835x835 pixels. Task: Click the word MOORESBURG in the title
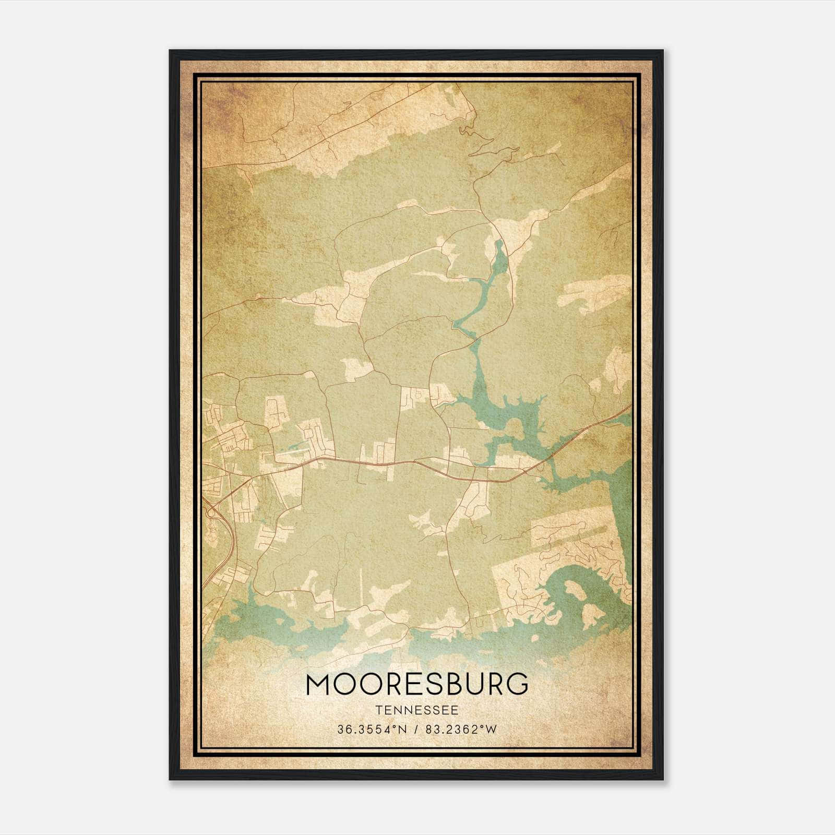[x=417, y=685]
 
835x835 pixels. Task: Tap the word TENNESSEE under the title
[x=417, y=711]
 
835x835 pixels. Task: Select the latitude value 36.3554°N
[x=368, y=730]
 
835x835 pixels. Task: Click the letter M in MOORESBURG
[x=318, y=685]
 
